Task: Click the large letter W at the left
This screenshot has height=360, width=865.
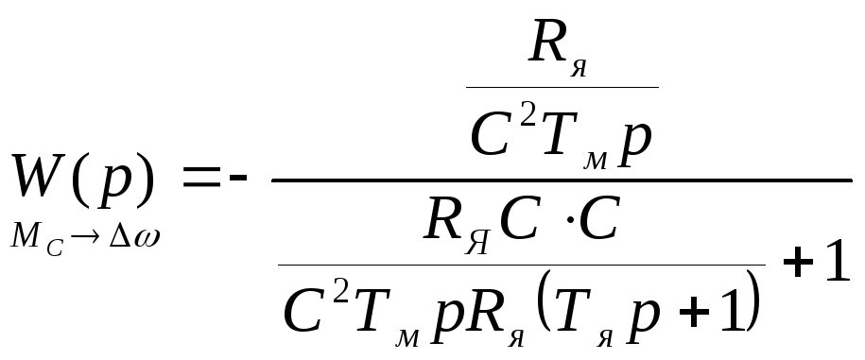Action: click(38, 176)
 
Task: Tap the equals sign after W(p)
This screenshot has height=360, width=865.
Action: click(202, 178)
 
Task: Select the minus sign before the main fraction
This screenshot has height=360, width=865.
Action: click(238, 178)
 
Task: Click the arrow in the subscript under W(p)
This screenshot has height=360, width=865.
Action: click(85, 237)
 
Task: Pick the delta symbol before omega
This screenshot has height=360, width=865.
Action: click(120, 236)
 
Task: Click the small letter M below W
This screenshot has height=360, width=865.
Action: click(26, 236)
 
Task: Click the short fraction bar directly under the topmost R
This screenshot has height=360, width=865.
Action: click(562, 87)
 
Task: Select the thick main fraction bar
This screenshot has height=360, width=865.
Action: click(562, 180)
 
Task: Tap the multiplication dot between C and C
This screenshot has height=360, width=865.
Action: click(570, 220)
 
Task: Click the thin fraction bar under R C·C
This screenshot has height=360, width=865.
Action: click(521, 266)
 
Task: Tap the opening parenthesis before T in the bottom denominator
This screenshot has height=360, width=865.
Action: click(543, 303)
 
